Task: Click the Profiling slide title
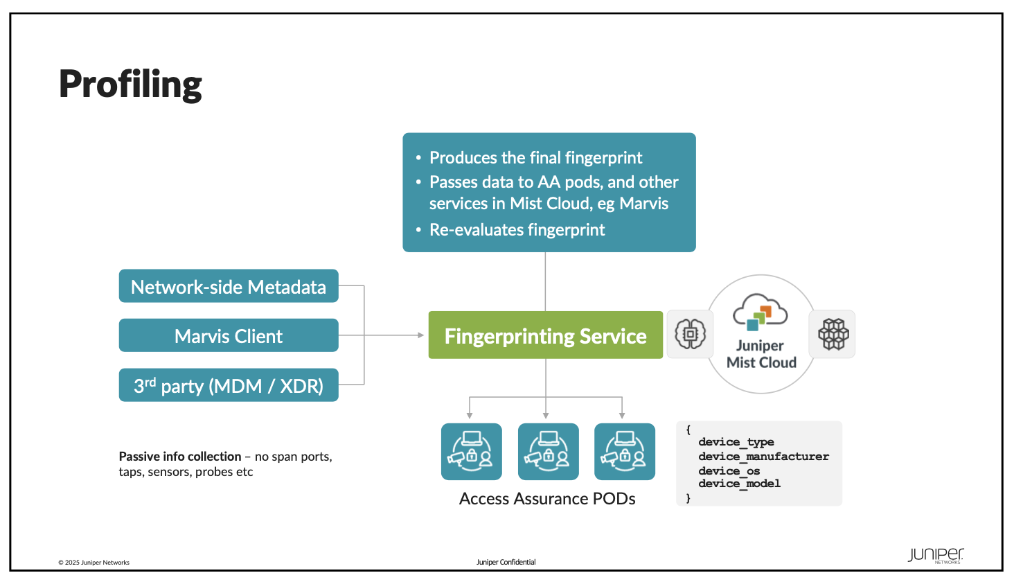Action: (x=130, y=85)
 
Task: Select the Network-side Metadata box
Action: (x=229, y=285)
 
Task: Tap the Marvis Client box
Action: (x=229, y=335)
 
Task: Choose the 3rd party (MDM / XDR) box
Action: (x=229, y=385)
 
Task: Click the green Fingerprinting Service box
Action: (x=546, y=335)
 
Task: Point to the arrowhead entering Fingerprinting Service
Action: (x=421, y=335)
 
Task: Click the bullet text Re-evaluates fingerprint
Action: (x=517, y=229)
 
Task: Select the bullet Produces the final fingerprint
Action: (x=535, y=157)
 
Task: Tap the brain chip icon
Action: (x=690, y=334)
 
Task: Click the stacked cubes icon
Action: (x=833, y=334)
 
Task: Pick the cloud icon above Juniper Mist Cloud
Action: (x=760, y=312)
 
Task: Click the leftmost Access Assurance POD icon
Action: (x=471, y=452)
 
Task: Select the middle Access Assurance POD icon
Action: (x=548, y=452)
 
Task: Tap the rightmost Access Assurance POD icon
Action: (x=625, y=452)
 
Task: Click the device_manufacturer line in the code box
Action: (x=764, y=456)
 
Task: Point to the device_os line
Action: (x=729, y=471)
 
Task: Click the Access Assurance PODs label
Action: (x=547, y=499)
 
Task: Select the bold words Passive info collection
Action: (x=180, y=457)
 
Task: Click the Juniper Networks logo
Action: (x=936, y=556)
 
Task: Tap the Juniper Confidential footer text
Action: (x=506, y=562)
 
